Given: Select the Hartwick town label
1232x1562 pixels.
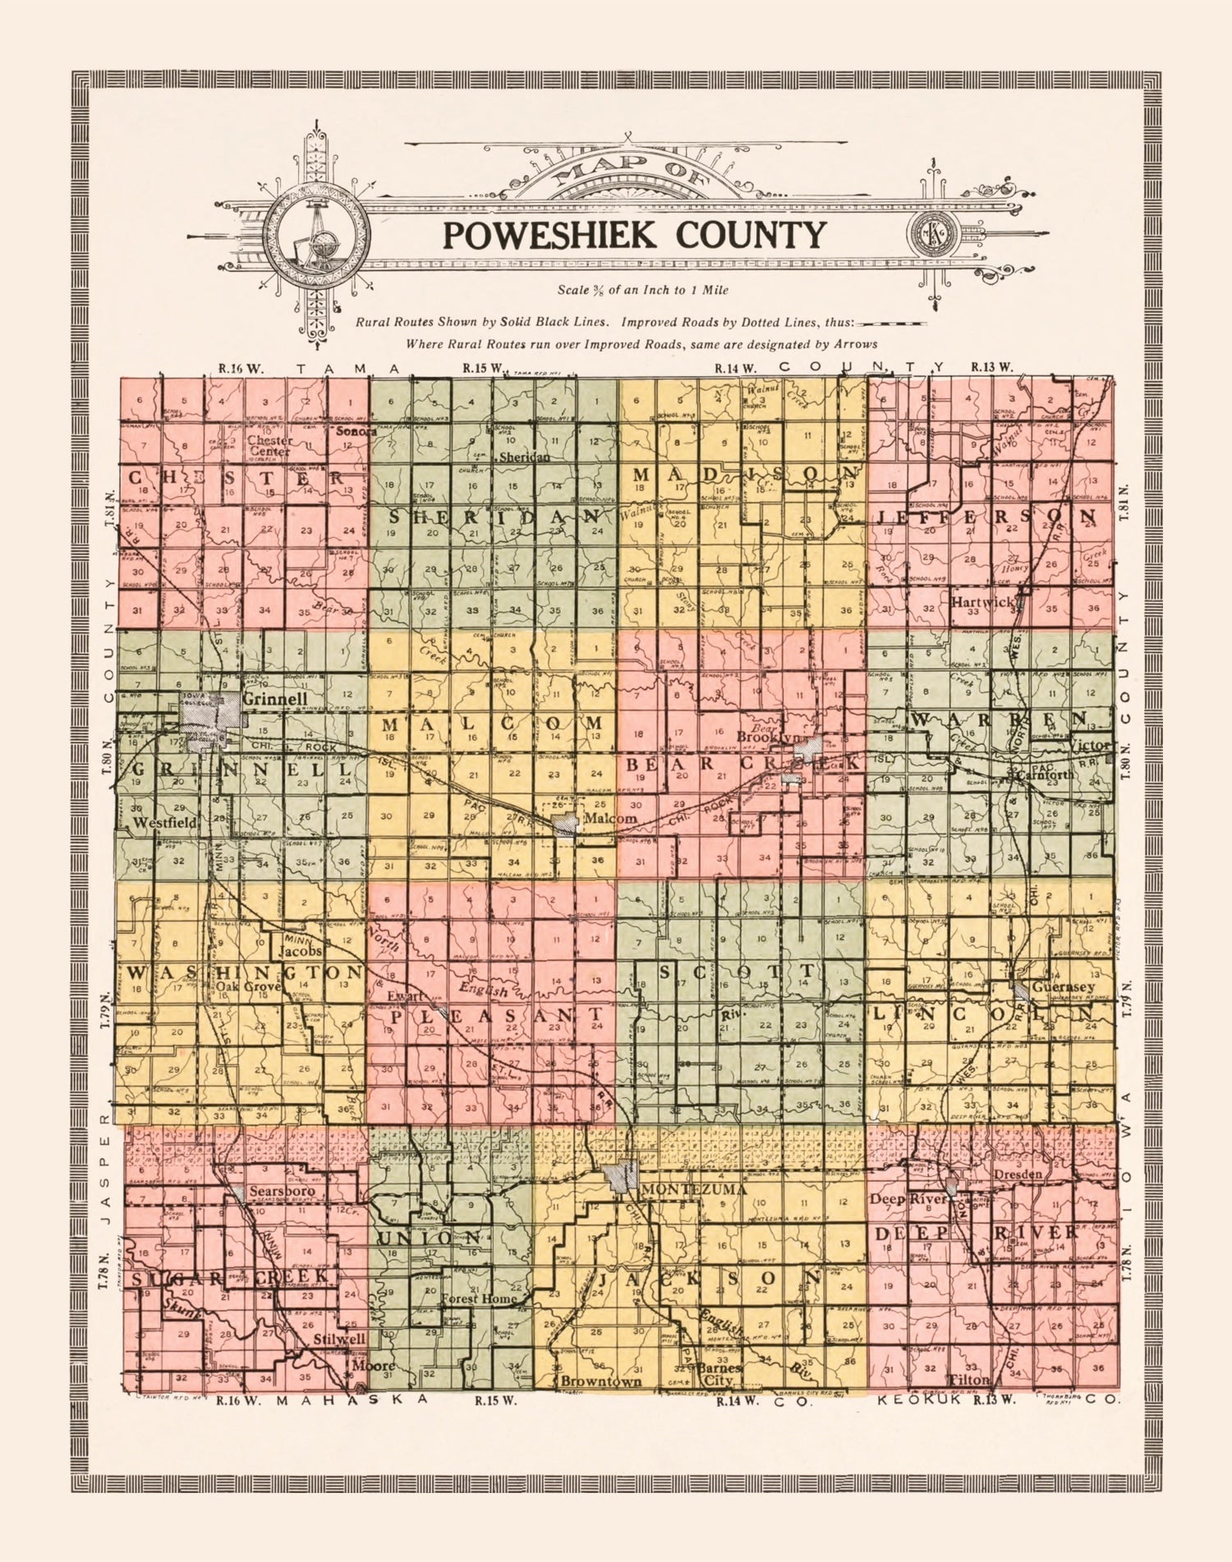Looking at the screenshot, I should (x=983, y=601).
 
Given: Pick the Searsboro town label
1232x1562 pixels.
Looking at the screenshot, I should (x=282, y=1191).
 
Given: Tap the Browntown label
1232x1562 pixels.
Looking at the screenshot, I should (x=601, y=1381).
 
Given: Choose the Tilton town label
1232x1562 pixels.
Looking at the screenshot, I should (x=970, y=1380).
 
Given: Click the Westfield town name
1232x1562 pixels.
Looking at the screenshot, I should (x=165, y=822).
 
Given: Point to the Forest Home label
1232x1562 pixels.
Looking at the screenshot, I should (x=479, y=1298).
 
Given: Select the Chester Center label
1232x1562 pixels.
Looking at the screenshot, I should (x=269, y=445).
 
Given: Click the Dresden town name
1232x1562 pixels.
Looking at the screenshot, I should (x=1018, y=1174).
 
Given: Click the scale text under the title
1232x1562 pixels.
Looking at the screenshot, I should (x=642, y=290).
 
